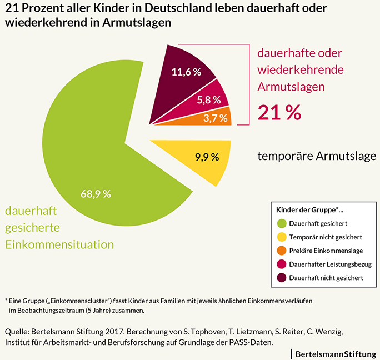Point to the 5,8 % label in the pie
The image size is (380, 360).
(209, 100)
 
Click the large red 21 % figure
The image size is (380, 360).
(279, 112)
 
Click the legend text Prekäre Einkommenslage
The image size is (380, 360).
(325, 251)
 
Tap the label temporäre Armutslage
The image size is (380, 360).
(317, 156)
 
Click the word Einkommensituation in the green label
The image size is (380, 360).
(59, 244)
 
